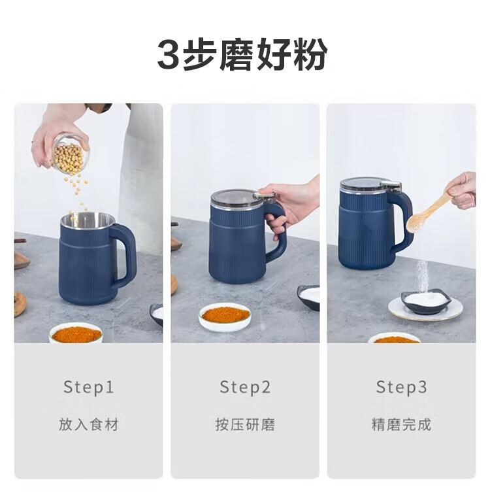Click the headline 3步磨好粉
point(242,55)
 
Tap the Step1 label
point(88,386)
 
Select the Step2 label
point(245,386)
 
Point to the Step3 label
point(401,386)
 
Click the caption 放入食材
point(89,424)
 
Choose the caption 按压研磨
point(245,424)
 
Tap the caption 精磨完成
point(401,424)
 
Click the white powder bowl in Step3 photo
point(426,302)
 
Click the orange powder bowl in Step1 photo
point(76,333)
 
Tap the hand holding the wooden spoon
point(461,190)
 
